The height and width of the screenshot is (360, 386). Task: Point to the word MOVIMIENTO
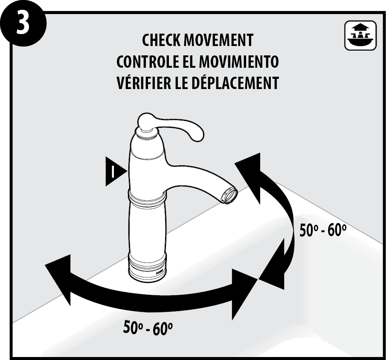point(239,61)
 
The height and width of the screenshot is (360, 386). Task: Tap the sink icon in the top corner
point(360,36)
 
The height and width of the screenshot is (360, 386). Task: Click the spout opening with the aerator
point(229,195)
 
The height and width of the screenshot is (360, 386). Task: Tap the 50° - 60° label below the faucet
point(148,327)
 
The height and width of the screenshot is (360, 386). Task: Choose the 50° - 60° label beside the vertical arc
point(323,230)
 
